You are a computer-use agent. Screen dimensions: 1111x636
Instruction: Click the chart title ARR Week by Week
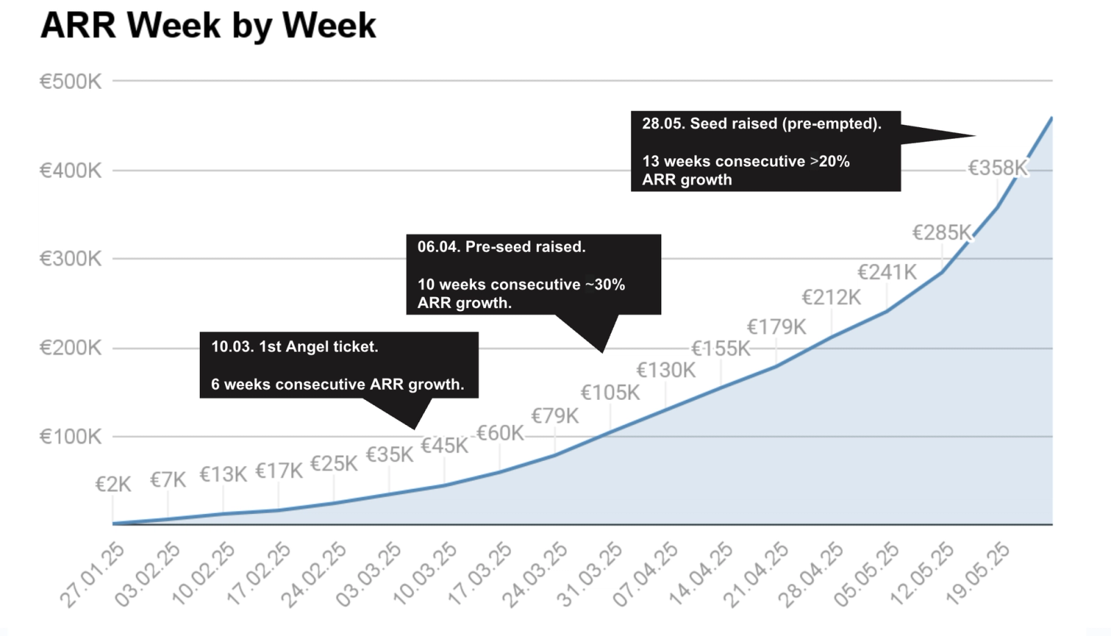tap(208, 26)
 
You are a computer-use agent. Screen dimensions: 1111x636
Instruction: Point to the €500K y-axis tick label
tap(70, 81)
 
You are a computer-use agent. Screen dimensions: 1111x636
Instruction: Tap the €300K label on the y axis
tap(70, 259)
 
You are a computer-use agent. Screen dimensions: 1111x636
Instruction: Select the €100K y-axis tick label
tap(70, 437)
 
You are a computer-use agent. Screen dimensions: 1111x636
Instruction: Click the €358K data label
tap(998, 168)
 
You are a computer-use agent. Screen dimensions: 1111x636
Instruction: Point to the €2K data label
tap(114, 485)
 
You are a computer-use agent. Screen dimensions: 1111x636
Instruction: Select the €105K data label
tap(610, 393)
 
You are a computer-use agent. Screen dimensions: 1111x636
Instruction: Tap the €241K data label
tap(887, 272)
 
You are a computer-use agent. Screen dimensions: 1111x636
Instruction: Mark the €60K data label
tap(500, 433)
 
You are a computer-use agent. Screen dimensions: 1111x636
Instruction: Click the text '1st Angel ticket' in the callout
tap(319, 346)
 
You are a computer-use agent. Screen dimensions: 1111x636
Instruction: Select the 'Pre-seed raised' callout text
tap(525, 247)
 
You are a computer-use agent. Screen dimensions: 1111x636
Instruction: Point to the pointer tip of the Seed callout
tap(975, 135)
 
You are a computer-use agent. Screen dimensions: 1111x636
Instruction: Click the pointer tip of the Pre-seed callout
tap(602, 352)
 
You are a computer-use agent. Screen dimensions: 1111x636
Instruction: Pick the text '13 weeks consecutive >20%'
tap(746, 162)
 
